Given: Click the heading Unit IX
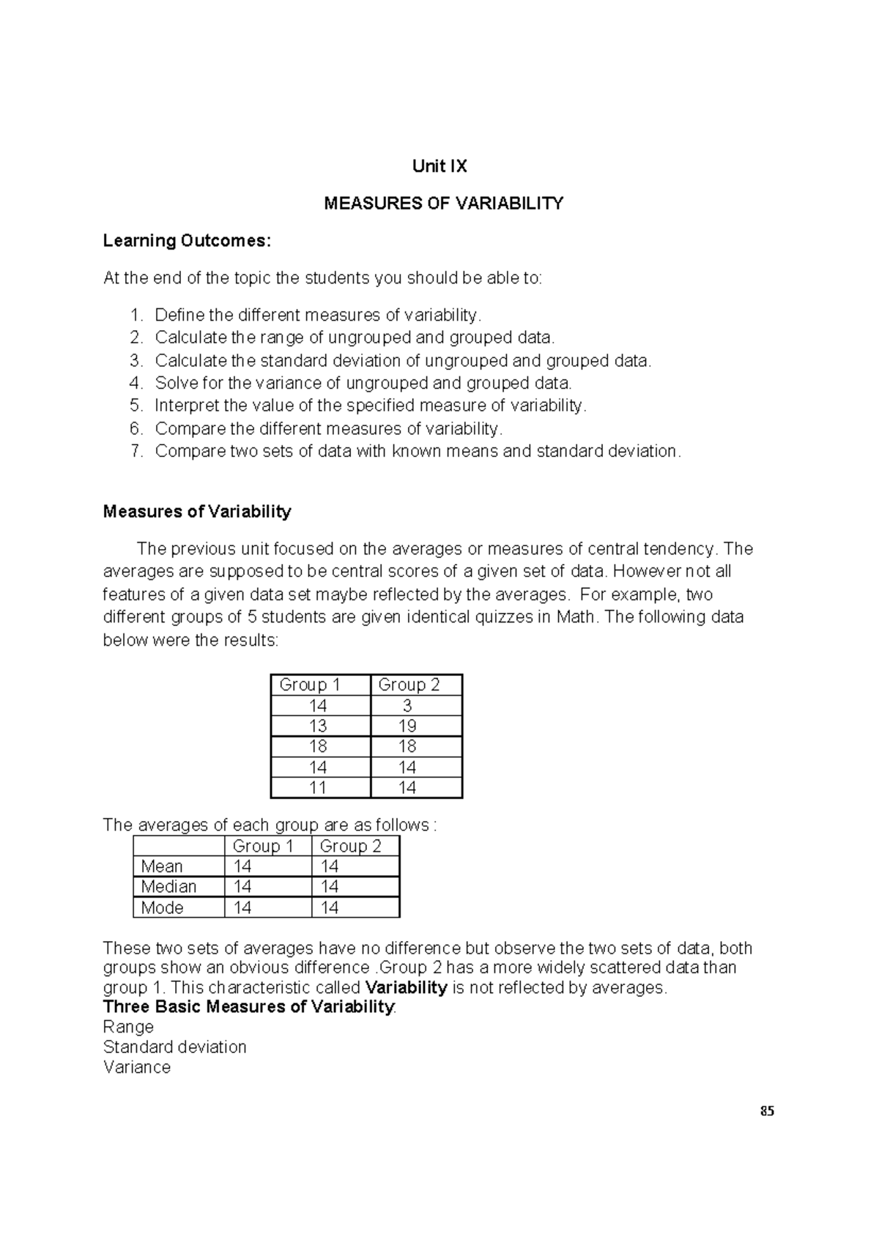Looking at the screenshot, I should (439, 166).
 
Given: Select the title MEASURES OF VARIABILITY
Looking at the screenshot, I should (444, 204).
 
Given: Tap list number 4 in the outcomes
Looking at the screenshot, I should (136, 383).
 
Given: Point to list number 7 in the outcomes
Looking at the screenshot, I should (136, 451).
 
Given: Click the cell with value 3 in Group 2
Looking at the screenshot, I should (407, 706).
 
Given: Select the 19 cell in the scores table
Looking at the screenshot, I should (407, 726).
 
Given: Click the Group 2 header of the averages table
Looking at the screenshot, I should (350, 847).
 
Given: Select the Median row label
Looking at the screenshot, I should (168, 887).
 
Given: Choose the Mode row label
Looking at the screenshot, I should (162, 908).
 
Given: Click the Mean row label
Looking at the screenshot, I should (162, 867).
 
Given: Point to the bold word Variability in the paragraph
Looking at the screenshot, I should (406, 987).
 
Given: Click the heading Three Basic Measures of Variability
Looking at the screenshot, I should (248, 1007).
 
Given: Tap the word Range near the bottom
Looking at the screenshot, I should (128, 1027).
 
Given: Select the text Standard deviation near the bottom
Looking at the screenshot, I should (174, 1047).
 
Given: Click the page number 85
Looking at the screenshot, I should (767, 1111).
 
